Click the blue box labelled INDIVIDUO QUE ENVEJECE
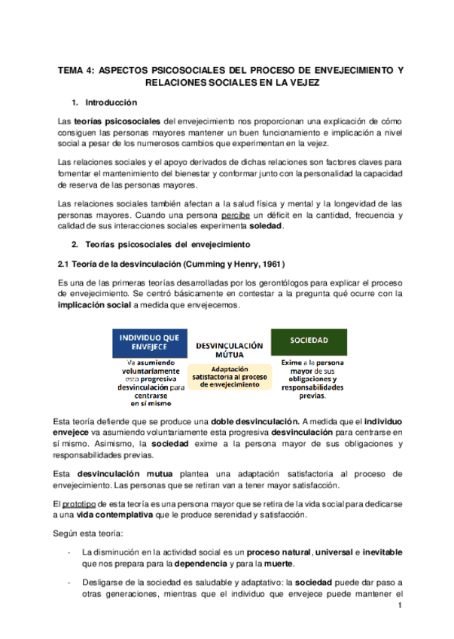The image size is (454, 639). [149, 341]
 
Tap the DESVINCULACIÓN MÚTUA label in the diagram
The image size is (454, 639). [229, 349]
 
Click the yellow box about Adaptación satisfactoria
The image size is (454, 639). [230, 377]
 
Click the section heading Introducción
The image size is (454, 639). [111, 102]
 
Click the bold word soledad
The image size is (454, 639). [266, 227]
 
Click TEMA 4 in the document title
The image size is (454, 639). [76, 70]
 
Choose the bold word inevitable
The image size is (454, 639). [382, 552]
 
